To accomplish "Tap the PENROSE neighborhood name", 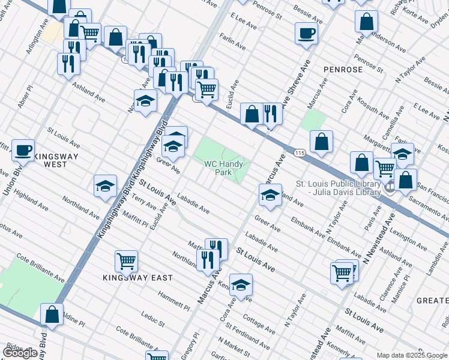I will (x=343, y=70).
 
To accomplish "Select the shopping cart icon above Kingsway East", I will (x=127, y=260).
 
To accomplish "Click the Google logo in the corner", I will (x=20, y=353).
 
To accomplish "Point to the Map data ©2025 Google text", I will (x=412, y=355).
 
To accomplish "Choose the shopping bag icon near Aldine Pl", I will (x=52, y=314).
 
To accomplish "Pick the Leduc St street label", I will (x=153, y=318).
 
